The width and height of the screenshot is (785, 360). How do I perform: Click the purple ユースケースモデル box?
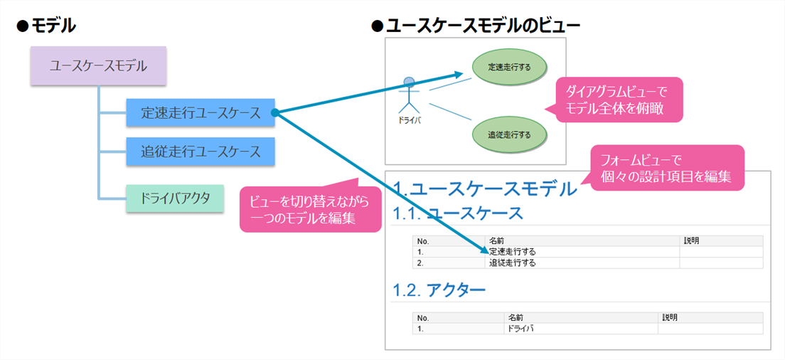[x=98, y=65]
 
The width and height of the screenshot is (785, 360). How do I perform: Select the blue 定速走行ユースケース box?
[x=201, y=112]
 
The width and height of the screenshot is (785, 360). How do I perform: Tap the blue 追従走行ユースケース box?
[x=201, y=152]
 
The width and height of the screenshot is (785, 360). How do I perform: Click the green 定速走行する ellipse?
[x=510, y=68]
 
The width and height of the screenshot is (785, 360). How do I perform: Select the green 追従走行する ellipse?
[x=510, y=134]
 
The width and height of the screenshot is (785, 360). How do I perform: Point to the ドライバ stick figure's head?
[x=409, y=82]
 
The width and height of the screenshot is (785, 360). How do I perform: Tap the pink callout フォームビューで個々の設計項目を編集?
[x=666, y=168]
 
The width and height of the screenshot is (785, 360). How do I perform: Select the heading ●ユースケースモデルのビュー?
[x=476, y=26]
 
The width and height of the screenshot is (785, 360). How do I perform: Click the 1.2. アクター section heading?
[x=439, y=290]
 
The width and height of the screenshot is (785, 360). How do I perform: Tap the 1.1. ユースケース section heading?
[x=458, y=213]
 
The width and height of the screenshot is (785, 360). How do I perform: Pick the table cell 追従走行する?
[x=512, y=263]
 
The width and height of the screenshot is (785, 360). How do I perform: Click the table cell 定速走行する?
[x=512, y=251]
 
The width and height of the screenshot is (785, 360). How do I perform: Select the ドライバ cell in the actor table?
[x=521, y=329]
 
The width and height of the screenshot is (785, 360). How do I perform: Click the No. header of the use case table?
[x=424, y=240]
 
